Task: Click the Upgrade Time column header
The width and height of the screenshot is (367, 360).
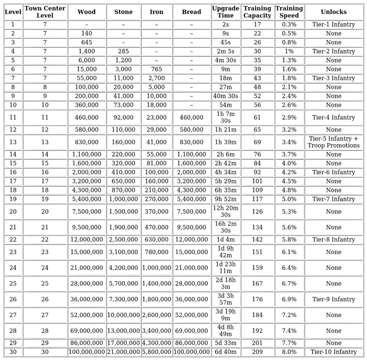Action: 226,12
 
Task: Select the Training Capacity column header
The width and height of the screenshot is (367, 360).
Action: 258,12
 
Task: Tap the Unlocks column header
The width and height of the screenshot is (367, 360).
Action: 334,12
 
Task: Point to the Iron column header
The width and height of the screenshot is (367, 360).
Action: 156,12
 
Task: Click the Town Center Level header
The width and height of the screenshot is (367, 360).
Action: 45,12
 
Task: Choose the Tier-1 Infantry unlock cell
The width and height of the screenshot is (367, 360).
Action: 334,24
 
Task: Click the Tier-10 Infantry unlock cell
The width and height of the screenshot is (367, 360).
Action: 334,352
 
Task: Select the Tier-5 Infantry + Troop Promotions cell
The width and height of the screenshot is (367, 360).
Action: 334,142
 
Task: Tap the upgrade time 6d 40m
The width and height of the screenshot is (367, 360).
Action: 226,352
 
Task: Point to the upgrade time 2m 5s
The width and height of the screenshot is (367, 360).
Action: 226,51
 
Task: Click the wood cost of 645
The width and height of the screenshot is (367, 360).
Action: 86,42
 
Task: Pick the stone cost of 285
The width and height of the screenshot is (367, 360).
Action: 123,51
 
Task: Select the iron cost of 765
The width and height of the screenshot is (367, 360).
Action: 156,69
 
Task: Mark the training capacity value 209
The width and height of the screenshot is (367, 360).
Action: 258,352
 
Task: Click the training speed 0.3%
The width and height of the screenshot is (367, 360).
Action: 289,24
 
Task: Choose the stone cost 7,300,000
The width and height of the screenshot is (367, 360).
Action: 123,299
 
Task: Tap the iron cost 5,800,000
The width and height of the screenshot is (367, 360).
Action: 156,352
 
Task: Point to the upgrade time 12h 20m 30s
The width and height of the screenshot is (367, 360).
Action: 226,212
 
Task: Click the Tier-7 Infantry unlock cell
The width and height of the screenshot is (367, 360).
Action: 334,199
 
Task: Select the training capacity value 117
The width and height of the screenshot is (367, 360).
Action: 258,199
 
